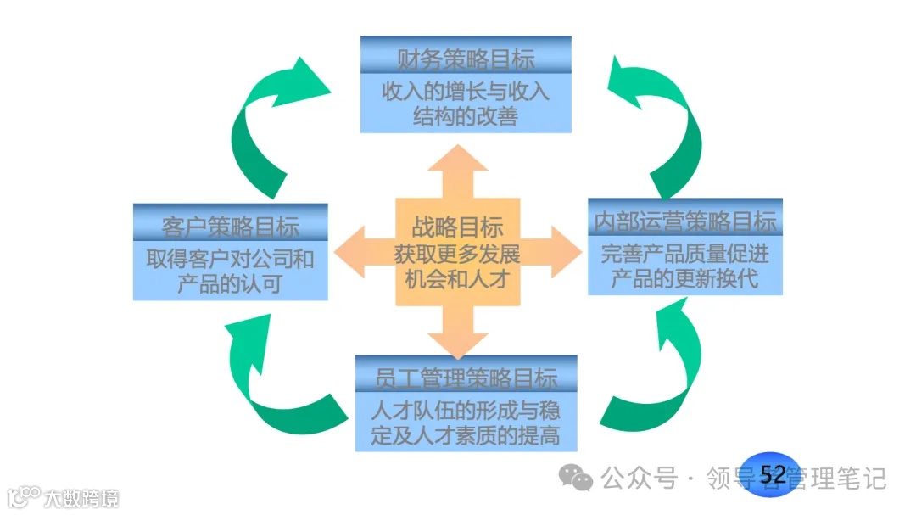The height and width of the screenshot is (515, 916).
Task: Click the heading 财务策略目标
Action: [x=466, y=59]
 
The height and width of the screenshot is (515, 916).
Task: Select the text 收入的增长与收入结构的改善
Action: [x=466, y=103]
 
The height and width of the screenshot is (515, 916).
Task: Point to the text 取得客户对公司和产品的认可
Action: [x=230, y=270]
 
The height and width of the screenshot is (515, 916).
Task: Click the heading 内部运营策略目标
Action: [x=684, y=221]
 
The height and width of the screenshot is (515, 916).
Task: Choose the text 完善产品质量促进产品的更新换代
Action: [x=684, y=266]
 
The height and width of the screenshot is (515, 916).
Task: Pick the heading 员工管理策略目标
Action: [x=466, y=378]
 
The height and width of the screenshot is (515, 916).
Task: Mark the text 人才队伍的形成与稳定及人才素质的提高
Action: [x=466, y=423]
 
